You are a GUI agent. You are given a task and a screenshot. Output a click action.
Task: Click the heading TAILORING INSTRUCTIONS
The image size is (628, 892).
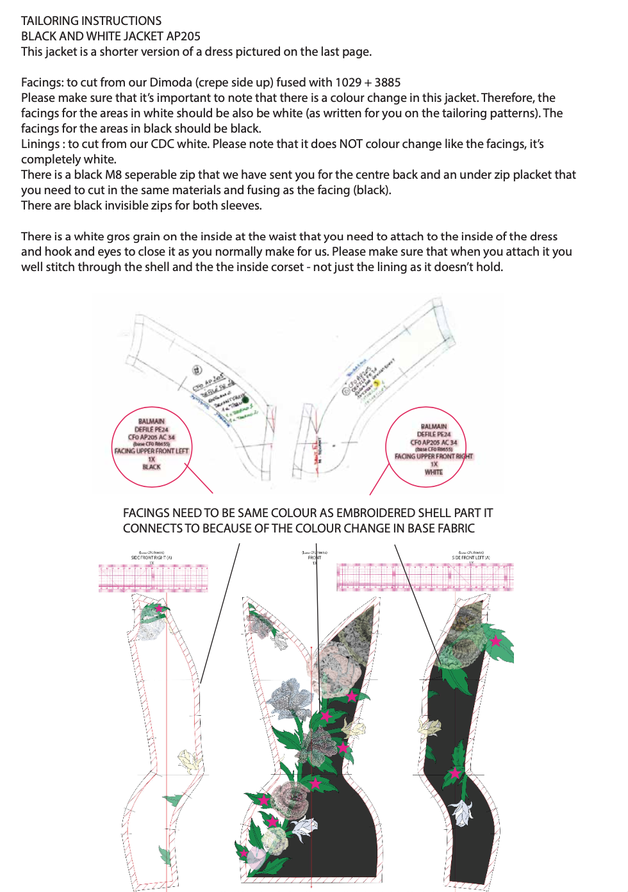[x=91, y=21]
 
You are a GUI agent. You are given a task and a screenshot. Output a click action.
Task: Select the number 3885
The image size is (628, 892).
[x=387, y=83]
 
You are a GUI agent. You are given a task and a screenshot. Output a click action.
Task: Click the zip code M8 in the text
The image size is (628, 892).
[x=113, y=175]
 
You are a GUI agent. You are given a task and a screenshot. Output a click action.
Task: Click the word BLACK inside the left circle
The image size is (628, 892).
[x=151, y=467]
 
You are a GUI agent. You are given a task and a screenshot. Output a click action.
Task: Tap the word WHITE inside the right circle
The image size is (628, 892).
[x=434, y=472]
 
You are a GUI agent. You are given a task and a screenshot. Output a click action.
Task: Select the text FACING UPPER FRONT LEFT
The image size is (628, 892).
[x=151, y=451]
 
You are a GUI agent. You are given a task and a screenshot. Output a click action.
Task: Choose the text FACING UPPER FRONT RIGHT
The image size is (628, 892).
[x=434, y=456]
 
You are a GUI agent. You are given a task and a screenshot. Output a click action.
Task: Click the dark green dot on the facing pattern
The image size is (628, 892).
[x=245, y=399]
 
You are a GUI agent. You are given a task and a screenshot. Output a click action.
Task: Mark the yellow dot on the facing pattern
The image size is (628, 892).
[x=377, y=383]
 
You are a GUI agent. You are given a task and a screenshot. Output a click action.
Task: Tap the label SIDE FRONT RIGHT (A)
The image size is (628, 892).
[x=151, y=557]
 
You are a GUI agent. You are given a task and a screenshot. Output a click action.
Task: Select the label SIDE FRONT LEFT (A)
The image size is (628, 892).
[x=471, y=557]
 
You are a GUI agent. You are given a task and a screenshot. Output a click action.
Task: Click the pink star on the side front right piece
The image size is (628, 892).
[x=159, y=608]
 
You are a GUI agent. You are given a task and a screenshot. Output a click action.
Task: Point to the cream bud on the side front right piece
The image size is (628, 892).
[x=188, y=761]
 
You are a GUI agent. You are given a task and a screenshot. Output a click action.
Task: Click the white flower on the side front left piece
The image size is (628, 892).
[x=461, y=813]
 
